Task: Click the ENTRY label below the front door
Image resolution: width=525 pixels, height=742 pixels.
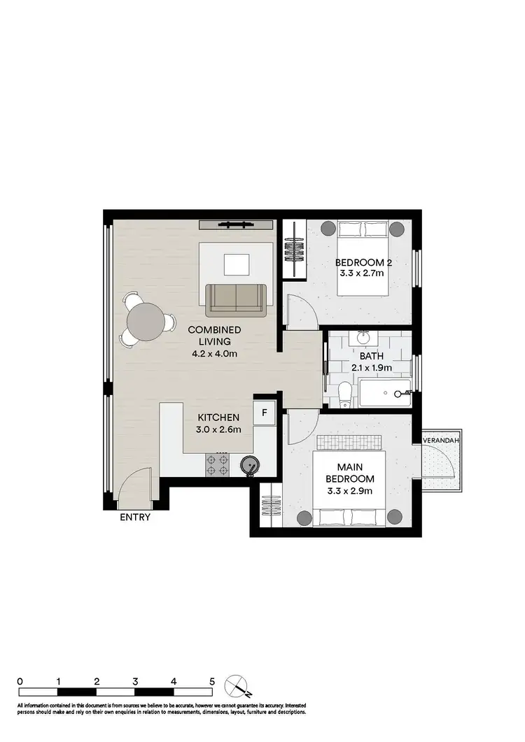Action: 136,518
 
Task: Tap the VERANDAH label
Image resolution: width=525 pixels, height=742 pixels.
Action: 440,441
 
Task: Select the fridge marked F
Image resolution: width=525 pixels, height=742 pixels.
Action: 265,412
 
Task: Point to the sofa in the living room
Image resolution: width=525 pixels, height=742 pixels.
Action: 236,299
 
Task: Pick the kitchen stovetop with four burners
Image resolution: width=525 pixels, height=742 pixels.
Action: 218,464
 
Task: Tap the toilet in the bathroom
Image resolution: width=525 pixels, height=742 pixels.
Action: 344,395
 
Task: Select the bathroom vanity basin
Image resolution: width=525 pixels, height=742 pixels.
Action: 364,338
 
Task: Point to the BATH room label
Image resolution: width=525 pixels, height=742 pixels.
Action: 371,355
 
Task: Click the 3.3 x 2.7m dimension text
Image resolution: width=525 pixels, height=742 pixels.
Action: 361,274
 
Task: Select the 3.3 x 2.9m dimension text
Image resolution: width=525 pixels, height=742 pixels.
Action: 350,491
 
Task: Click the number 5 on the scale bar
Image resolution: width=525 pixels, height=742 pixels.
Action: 211,680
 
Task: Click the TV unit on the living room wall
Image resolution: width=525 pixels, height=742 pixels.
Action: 235,224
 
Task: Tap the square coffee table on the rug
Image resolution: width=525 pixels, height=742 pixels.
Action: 236,265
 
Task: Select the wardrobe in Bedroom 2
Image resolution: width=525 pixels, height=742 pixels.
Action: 295,250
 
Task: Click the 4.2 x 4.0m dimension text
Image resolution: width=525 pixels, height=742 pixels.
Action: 214,354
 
